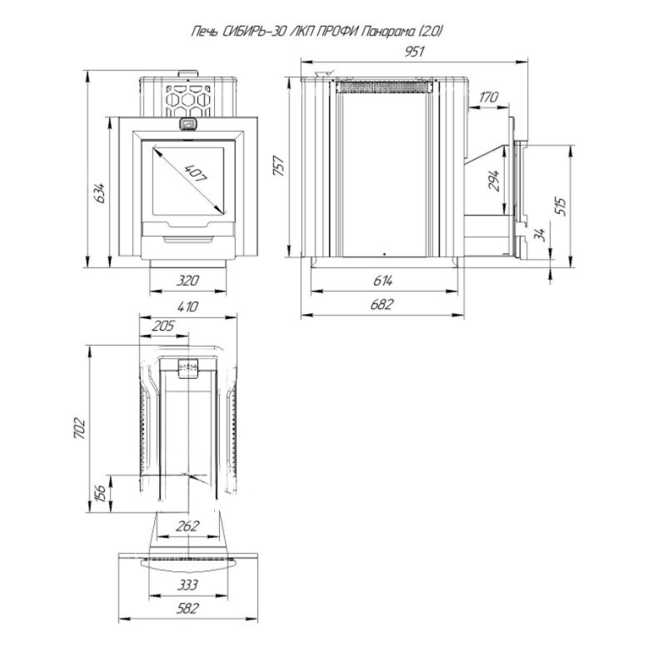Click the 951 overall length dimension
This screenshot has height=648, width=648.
[415, 52]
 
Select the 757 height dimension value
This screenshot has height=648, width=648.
[279, 166]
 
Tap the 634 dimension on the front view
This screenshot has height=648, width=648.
[99, 192]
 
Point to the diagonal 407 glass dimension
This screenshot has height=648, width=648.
[195, 173]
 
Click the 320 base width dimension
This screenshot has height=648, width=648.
[187, 281]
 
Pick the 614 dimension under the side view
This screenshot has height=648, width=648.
[382, 281]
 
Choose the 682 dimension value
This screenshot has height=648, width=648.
[382, 305]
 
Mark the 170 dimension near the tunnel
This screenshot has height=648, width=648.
[489, 97]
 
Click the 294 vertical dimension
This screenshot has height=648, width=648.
[494, 180]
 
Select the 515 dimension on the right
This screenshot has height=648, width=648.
[561, 207]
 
